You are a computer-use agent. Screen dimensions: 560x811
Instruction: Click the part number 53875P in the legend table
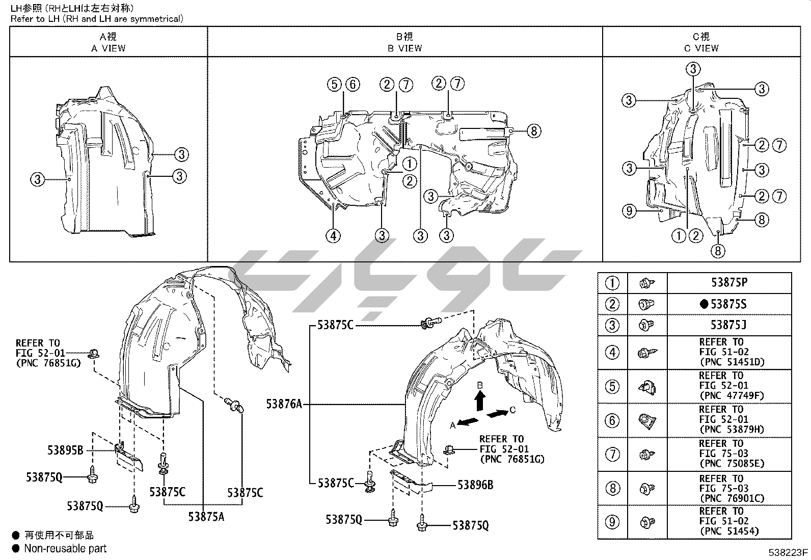729,282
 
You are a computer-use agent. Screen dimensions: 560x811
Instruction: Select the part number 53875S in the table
728,304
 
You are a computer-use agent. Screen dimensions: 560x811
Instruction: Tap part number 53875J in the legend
729,325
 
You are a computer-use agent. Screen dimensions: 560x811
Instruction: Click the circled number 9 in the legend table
612,522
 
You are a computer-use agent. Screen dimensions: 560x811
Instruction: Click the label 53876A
284,405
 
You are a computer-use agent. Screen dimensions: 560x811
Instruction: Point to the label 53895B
65,450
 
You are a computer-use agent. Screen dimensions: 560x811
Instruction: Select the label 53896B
475,485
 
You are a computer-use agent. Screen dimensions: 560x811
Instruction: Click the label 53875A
206,516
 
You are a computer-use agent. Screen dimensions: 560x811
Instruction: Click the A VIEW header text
108,48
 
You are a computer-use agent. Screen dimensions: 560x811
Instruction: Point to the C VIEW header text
701,48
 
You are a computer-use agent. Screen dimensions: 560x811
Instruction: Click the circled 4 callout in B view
333,235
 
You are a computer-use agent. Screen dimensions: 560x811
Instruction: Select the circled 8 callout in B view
533,131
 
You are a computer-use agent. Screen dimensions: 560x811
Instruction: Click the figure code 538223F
788,552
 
